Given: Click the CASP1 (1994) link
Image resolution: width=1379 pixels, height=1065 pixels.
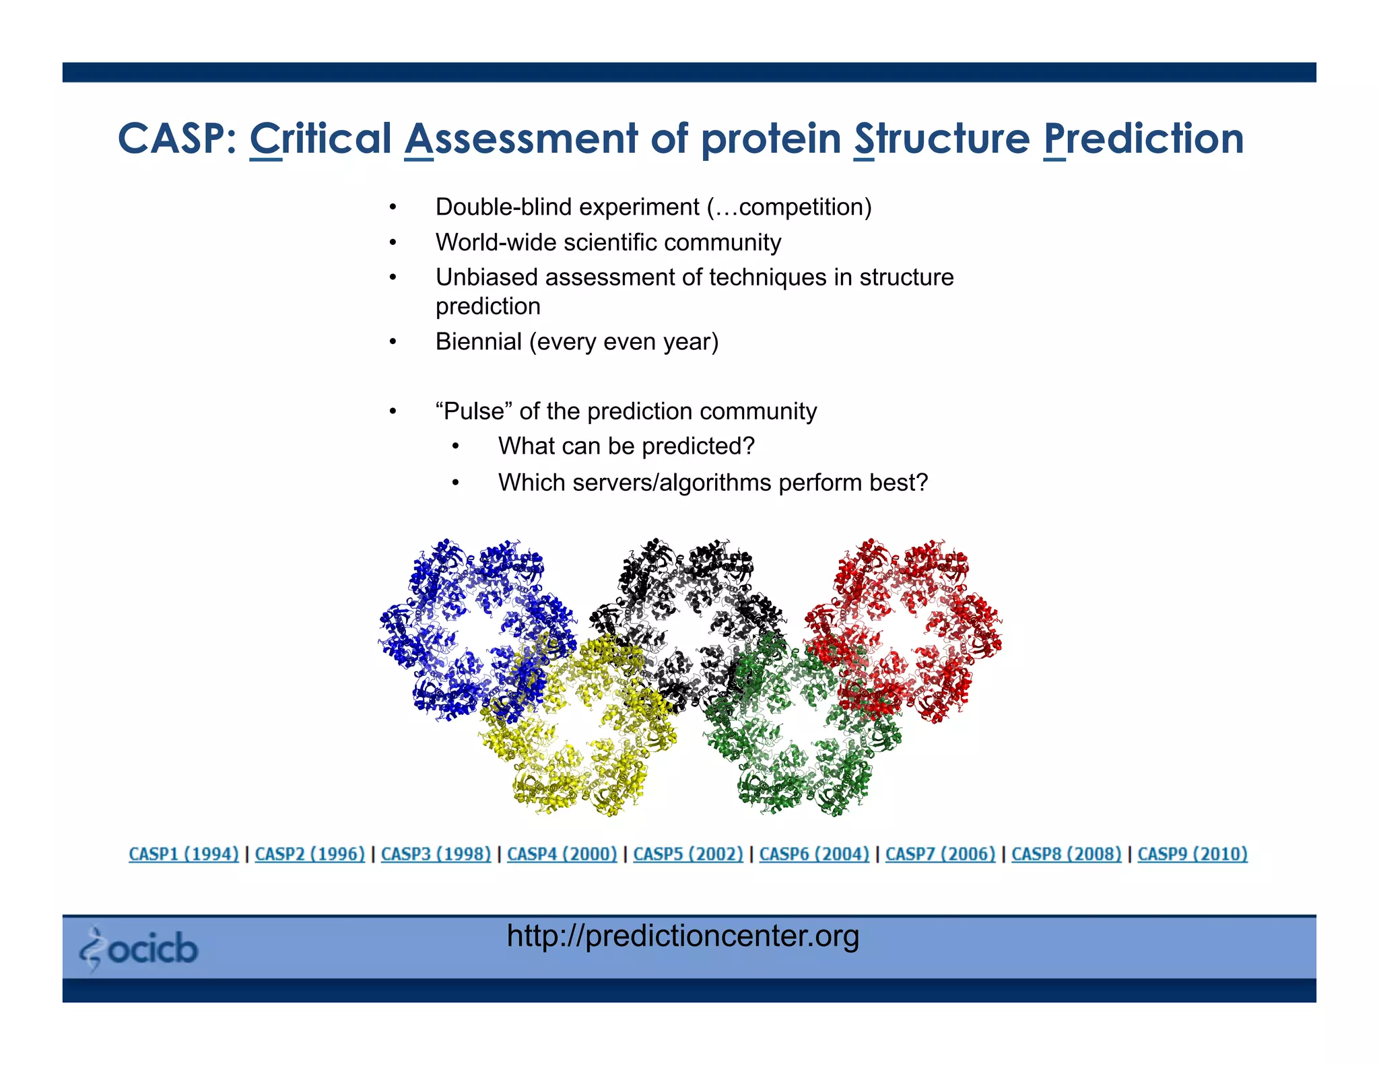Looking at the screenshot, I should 183,854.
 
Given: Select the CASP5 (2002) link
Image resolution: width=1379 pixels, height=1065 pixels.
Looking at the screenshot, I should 687,854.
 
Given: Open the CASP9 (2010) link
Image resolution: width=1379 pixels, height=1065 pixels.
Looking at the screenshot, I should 1192,854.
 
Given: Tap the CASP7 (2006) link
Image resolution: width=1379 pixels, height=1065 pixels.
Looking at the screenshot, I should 940,854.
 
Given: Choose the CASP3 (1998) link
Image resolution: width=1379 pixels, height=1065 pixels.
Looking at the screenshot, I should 436,854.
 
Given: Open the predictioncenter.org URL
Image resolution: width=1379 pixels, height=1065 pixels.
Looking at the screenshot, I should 683,936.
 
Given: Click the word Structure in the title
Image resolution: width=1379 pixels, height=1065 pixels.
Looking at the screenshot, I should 941,139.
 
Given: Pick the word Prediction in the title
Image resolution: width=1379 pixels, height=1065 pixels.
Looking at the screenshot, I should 1143,139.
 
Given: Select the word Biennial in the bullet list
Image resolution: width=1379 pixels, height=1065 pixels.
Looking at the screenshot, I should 478,342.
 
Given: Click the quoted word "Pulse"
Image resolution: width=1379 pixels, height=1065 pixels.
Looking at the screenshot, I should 474,411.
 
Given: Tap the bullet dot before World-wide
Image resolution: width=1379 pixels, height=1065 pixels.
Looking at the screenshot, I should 393,243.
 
